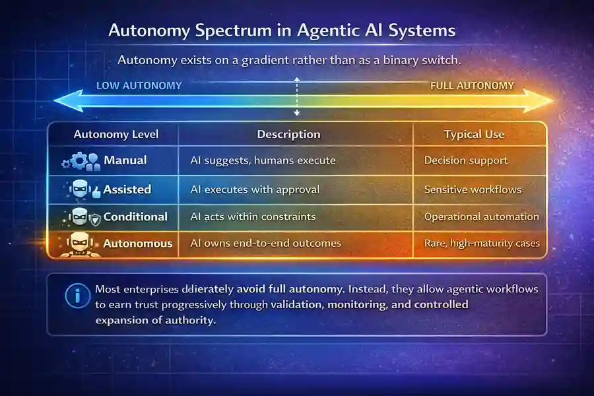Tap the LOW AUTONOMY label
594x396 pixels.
[x=139, y=86]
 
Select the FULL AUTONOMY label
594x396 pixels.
[x=472, y=86]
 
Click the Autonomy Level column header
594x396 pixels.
[x=116, y=135]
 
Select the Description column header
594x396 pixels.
[x=288, y=135]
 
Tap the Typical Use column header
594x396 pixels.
[x=474, y=135]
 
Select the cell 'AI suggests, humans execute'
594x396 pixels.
[x=263, y=160]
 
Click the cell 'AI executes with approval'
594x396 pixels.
[x=255, y=189]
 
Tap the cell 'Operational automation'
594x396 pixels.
[x=481, y=216]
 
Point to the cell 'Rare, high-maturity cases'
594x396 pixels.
[x=482, y=244]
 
